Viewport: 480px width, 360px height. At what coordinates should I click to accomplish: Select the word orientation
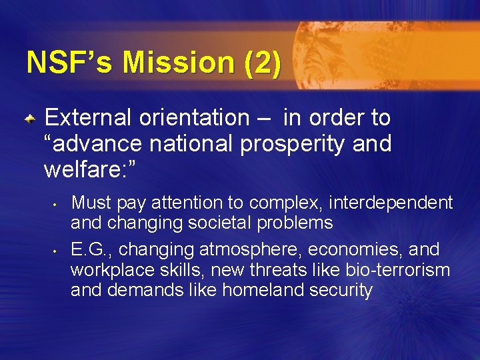click(193, 118)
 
